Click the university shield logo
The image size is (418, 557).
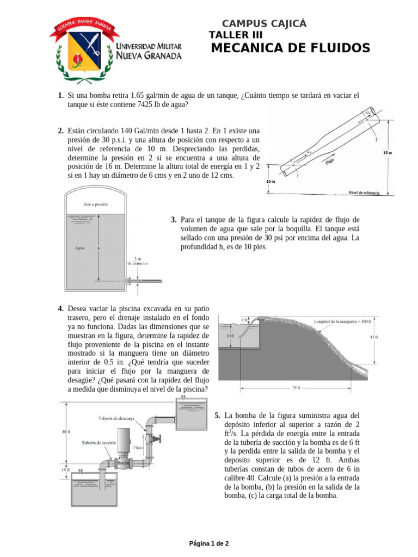[81, 48]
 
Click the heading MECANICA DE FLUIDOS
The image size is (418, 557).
[290, 48]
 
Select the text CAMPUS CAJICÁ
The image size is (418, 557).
[265, 23]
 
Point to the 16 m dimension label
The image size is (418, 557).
[387, 153]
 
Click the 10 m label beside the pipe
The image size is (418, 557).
[270, 181]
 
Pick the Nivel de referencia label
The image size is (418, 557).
[364, 193]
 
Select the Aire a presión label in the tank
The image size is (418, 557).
[96, 205]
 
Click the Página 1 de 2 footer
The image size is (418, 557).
[208, 543]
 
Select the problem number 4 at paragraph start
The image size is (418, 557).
[61, 309]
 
